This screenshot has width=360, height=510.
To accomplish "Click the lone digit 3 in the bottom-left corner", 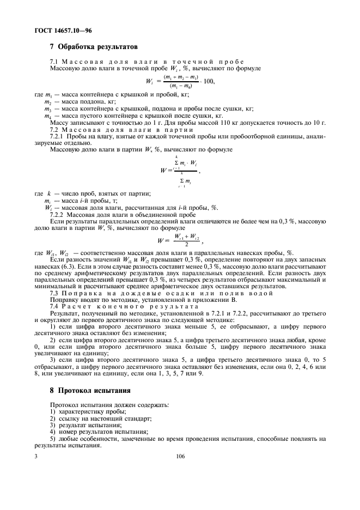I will pyautogui.click(x=36, y=457).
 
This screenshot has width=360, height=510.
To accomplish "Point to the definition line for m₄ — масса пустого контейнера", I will pyautogui.click(x=133, y=116).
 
